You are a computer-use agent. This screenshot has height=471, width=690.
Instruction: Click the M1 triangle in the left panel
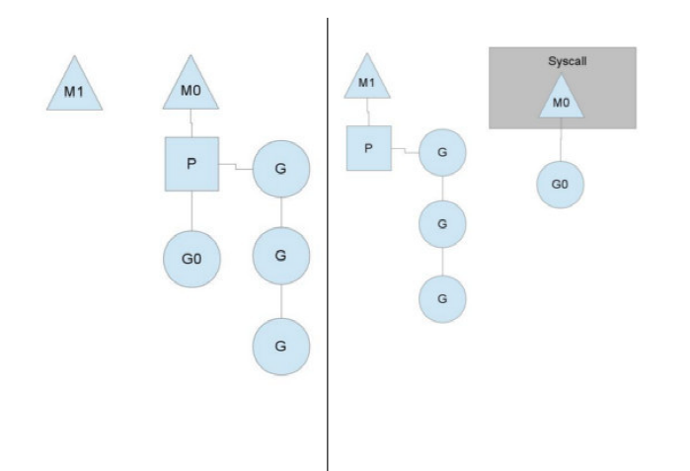[74, 87]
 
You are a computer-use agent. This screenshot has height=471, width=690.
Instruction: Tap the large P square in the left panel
[192, 164]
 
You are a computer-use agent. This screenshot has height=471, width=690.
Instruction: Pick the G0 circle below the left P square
[192, 259]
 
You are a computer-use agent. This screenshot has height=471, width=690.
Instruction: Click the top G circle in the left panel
[281, 169]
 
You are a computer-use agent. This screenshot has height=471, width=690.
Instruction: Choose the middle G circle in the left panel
[281, 256]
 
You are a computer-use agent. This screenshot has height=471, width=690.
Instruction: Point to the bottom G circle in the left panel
[281, 347]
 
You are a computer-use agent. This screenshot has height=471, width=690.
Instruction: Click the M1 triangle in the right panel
[367, 80]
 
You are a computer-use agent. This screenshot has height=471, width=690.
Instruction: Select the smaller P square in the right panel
[369, 148]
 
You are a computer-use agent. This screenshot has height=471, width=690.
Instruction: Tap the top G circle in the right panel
[442, 153]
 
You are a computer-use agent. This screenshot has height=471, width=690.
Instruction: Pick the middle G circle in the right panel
[442, 224]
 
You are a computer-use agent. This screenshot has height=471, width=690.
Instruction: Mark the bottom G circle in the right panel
[442, 299]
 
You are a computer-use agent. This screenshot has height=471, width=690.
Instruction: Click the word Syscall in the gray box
[568, 61]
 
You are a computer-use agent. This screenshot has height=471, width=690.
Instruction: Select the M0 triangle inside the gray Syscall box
[562, 100]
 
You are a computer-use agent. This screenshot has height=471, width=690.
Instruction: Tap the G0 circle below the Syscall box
[560, 185]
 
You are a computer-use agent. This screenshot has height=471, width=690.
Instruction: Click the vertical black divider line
[328, 244]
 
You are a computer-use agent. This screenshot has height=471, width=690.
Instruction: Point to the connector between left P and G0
[192, 211]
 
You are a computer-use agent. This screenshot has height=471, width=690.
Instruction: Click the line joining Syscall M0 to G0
[561, 139]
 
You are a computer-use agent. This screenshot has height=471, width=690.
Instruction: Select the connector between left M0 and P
[192, 123]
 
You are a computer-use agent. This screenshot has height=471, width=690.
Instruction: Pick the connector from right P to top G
[405, 151]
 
